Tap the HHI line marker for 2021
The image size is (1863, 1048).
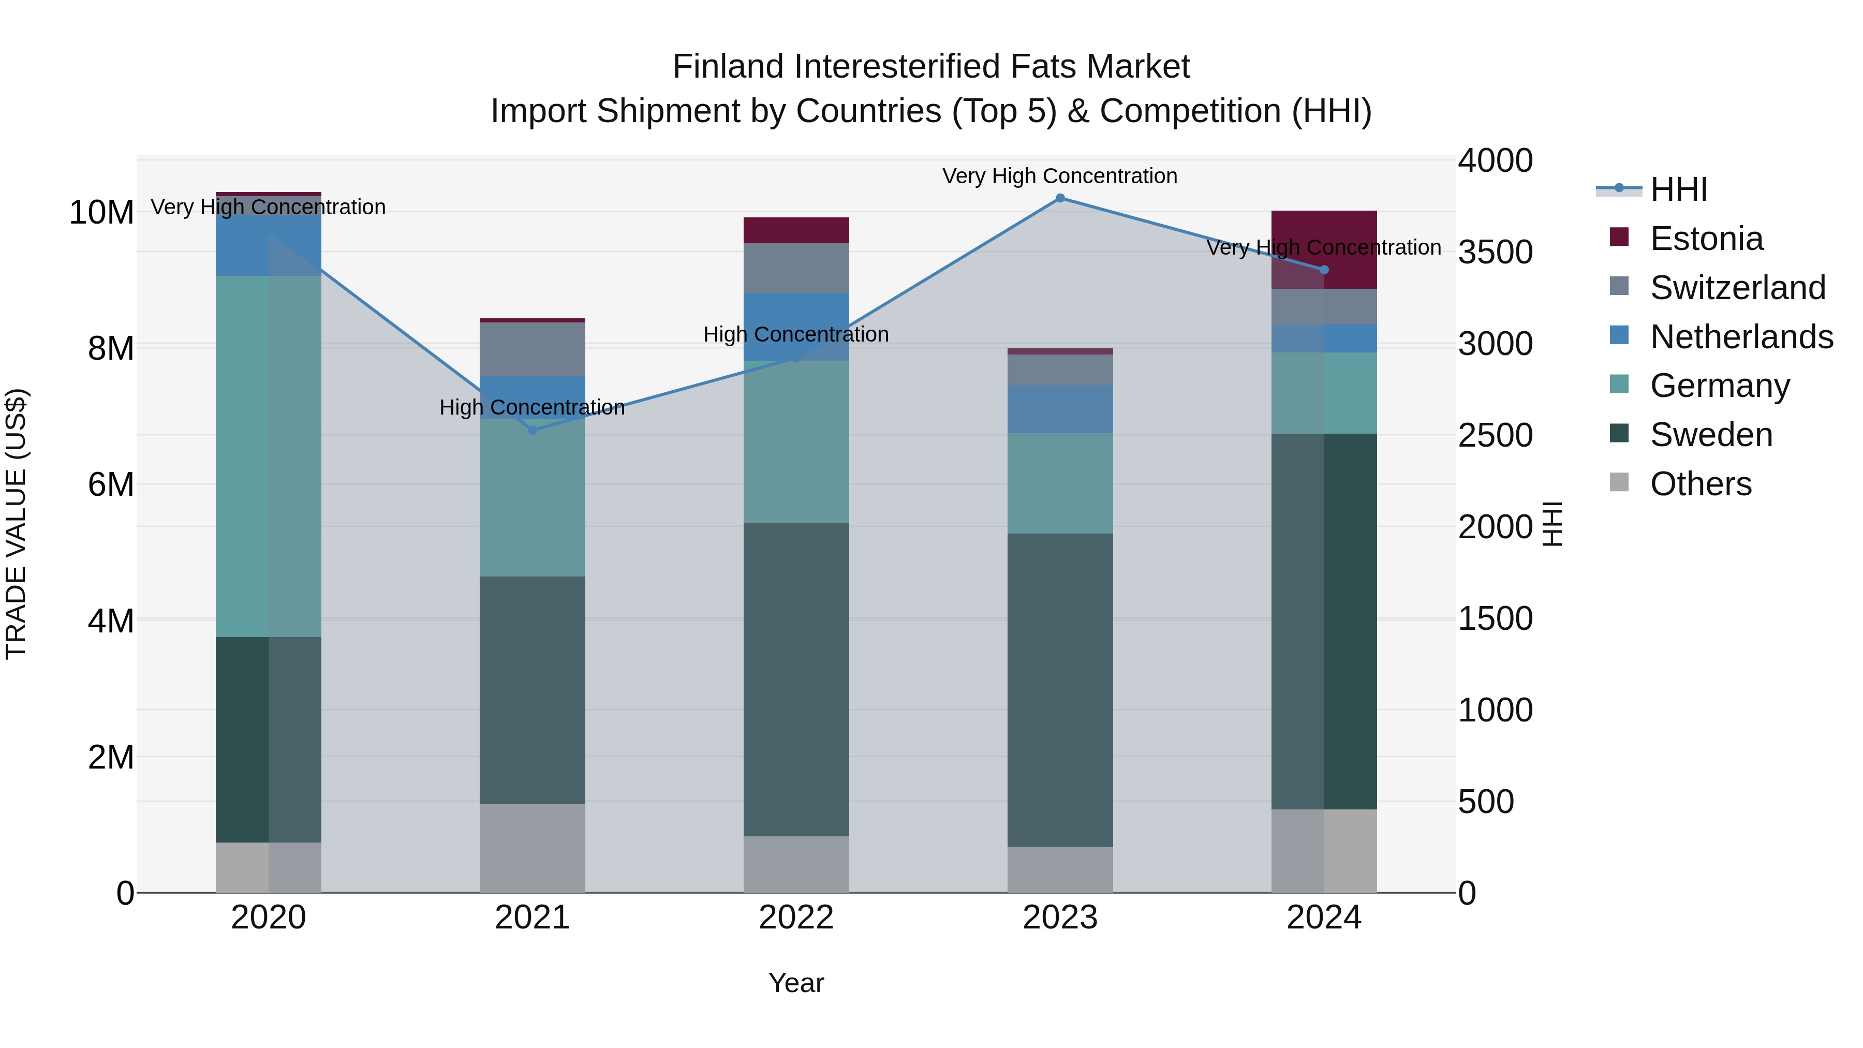point(533,431)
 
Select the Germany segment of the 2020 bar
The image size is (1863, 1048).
point(268,455)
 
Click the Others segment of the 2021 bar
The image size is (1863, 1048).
point(533,848)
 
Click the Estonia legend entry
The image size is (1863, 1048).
point(1706,239)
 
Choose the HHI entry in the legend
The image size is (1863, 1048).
point(1678,189)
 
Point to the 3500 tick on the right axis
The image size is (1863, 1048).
point(1495,253)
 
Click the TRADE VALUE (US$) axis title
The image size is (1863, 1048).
point(16,524)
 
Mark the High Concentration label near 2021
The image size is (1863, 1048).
point(533,407)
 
